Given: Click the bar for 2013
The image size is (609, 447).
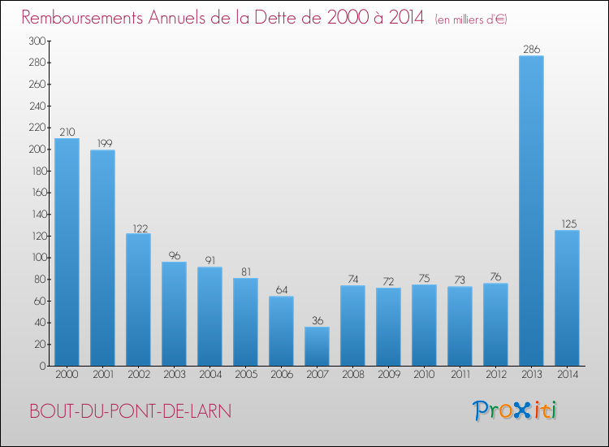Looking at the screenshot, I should pos(531,210).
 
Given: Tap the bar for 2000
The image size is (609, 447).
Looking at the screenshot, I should pos(67,252).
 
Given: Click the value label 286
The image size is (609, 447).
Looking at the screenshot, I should pos(531,50).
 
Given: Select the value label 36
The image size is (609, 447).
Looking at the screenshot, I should pos(317,320).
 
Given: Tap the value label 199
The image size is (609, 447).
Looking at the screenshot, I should pos(102,144).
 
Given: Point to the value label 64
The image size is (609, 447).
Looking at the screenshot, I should pos(281,290).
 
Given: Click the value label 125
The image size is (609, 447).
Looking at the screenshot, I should pos(567,224).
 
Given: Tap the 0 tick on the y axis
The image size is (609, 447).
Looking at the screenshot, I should pos(41,366).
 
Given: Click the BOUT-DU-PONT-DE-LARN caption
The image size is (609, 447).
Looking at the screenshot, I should pos(130,411).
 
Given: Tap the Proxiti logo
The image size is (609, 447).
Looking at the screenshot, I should pos(516,410).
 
